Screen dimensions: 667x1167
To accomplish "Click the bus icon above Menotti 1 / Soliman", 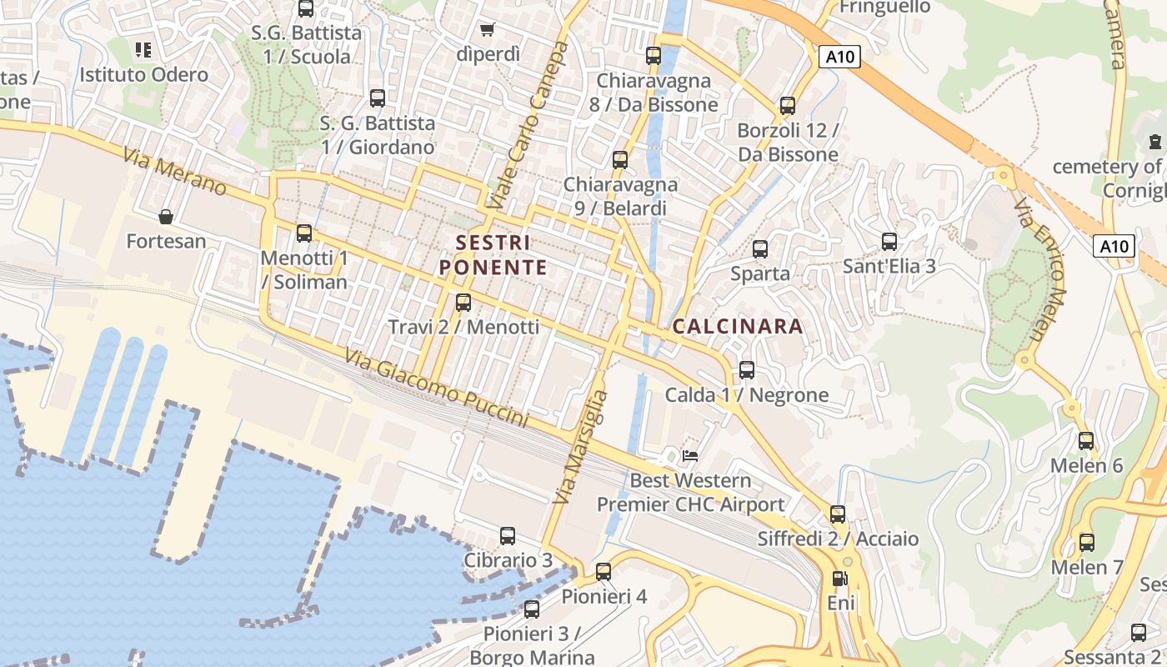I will tap(304, 233).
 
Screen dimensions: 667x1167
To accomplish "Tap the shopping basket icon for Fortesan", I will tap(166, 218).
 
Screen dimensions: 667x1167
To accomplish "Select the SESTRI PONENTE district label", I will tap(493, 255).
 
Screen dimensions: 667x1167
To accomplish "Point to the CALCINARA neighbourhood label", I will tap(738, 326).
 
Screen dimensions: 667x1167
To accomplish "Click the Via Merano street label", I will tap(173, 172).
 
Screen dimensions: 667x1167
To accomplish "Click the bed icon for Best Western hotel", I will tap(690, 455).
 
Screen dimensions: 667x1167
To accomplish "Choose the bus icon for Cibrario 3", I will tap(508, 536).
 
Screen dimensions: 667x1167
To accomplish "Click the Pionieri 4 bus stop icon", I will tap(604, 572).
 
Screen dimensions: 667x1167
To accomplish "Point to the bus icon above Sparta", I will tap(760, 248).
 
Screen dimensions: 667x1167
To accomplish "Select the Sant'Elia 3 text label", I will tap(889, 266).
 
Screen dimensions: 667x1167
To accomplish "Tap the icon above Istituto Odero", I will tap(143, 50).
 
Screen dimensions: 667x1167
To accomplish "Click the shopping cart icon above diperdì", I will tap(488, 29).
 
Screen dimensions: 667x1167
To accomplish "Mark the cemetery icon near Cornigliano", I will tap(1155, 142).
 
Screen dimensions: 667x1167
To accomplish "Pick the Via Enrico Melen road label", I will tap(1040, 271).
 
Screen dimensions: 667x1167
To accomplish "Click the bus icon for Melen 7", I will tap(1087, 543).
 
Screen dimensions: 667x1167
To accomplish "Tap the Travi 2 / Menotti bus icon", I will tap(463, 303).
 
